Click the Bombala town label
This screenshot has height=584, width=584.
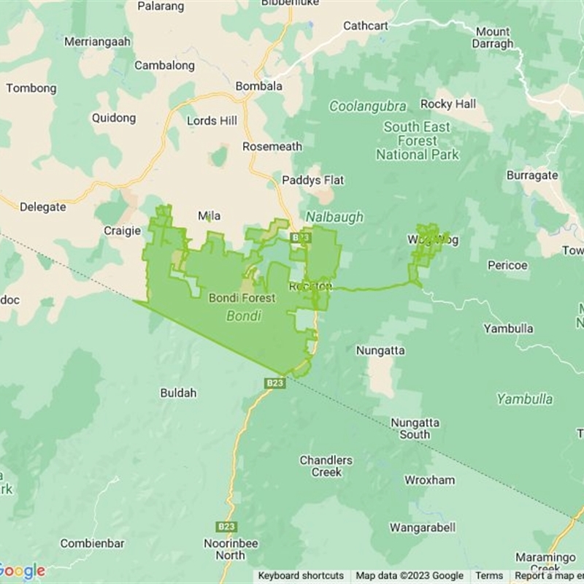[x=258, y=86]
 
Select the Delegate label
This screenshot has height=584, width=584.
[x=42, y=207]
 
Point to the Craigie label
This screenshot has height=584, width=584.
[x=122, y=231]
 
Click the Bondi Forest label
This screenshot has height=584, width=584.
[x=242, y=298]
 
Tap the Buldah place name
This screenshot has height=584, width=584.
[x=178, y=393]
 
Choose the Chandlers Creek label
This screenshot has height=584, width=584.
[x=326, y=466]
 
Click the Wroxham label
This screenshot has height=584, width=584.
[x=430, y=480]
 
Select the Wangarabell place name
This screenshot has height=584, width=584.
[x=423, y=527]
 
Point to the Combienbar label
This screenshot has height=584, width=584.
[x=92, y=543]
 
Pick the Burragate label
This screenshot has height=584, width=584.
[x=532, y=175]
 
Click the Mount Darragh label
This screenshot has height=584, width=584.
[x=493, y=37]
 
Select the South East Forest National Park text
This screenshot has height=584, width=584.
[x=418, y=141]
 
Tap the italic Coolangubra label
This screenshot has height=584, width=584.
[x=367, y=106]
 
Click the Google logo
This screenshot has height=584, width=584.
[x=22, y=571]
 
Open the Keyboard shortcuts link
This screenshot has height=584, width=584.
[x=301, y=576]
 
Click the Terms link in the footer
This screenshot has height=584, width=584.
[x=490, y=576]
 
